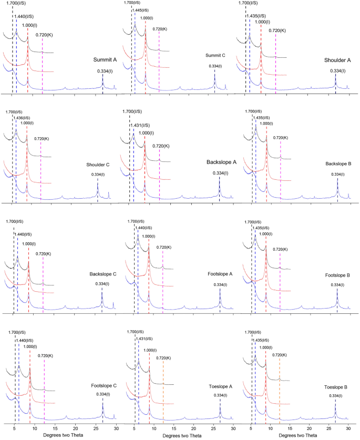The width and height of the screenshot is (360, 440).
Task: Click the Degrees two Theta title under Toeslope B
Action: (x=299, y=436)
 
